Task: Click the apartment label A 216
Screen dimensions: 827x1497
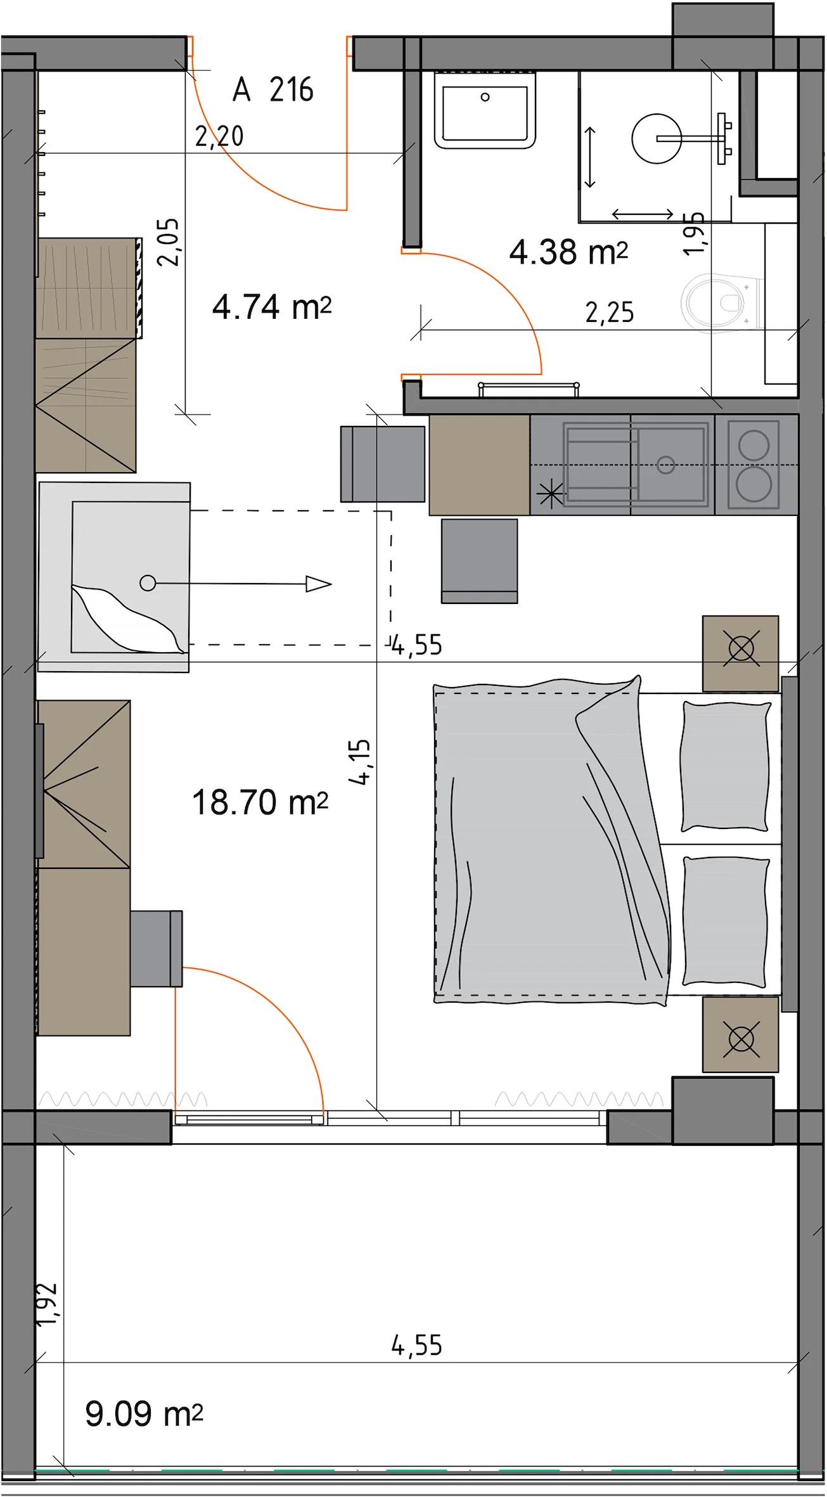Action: pos(273,89)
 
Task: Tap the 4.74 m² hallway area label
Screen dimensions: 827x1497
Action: pos(272,307)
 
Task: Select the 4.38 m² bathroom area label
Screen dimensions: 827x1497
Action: pos(568,252)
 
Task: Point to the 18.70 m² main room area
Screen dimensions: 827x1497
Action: pos(260,802)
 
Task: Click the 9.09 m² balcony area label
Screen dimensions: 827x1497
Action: pos(144,1414)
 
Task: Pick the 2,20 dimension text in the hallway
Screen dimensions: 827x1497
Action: pos(219,136)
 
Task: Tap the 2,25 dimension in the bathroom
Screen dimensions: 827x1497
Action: pos(610,312)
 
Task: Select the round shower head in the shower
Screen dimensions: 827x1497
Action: pos(657,139)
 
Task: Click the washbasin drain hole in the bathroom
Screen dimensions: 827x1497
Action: pos(485,97)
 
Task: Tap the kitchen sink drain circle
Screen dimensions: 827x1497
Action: pos(665,465)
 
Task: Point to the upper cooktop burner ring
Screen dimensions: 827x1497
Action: pos(753,445)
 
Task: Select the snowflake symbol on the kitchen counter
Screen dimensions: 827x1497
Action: pos(550,494)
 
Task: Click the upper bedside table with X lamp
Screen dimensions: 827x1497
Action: pos(740,653)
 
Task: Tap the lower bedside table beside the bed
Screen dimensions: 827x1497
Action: pos(740,1034)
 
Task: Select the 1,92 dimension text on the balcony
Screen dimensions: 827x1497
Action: pos(48,1304)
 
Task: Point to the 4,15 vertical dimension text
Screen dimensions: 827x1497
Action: pos(359,762)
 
